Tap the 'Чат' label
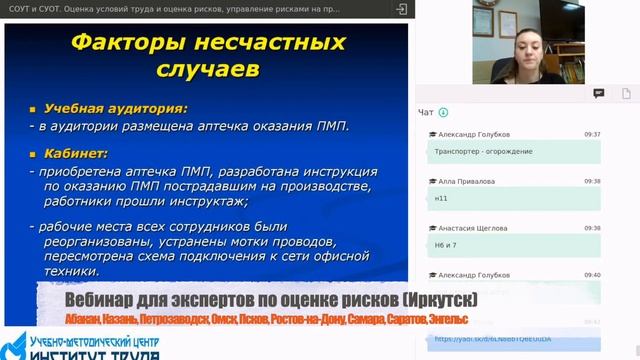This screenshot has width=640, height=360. (426, 113)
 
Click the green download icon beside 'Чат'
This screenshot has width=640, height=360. (443, 113)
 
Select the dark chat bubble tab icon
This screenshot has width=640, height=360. (599, 93)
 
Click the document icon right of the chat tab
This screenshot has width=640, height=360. (625, 93)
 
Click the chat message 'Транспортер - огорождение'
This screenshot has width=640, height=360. (484, 151)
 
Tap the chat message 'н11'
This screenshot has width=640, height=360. (442, 198)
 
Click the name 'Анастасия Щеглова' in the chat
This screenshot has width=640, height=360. (471, 228)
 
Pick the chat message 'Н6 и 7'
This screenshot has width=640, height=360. (446, 245)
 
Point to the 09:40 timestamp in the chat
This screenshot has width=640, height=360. (592, 275)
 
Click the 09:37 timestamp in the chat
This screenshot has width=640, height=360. (592, 134)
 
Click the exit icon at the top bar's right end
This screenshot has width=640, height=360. (401, 8)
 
